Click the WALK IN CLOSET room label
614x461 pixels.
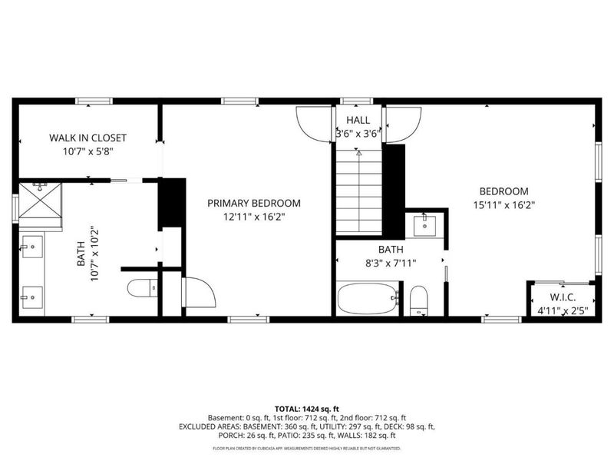[87, 138]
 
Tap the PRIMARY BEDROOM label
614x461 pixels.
[254, 204]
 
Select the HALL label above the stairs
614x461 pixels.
[358, 120]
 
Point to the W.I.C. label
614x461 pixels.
[563, 298]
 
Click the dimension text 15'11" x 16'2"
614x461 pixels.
[503, 205]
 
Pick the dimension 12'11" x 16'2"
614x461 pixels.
[254, 217]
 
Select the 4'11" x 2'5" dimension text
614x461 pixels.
[563, 310]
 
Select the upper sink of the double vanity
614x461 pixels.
[31, 248]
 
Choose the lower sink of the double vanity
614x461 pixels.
[31, 295]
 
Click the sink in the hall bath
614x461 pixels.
[425, 225]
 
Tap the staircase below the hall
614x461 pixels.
[357, 191]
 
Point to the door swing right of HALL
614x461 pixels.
[403, 123]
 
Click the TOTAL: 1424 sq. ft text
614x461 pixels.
[306, 408]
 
